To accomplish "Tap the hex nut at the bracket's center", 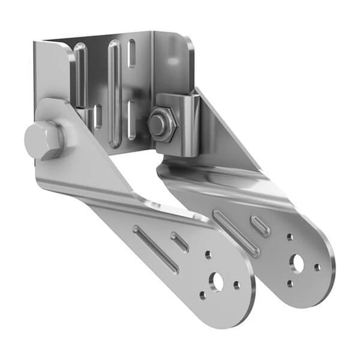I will click(159, 124).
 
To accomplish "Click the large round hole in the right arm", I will click(297, 263).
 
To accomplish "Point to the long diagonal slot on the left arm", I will click(156, 249).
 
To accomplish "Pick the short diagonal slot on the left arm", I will click(180, 241).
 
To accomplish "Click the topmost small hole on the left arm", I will click(208, 255).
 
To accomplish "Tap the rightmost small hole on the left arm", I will click(237, 285).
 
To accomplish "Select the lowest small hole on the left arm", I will click(203, 295).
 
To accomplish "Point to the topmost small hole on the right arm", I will click(289, 238).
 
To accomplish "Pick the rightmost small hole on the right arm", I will click(317, 267).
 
